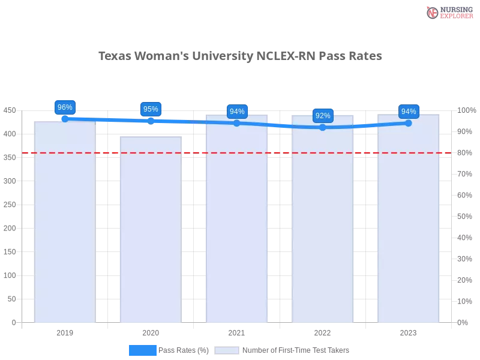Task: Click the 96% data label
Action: [64, 107]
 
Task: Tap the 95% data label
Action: [151, 109]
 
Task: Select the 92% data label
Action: [323, 116]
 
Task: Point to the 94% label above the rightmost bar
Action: [409, 111]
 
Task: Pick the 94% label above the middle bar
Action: [237, 112]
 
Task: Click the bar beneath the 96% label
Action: [65, 222]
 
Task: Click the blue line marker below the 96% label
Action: [65, 119]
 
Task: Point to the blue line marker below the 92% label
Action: [323, 127]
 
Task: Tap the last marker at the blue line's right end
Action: [409, 123]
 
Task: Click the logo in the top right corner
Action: [448, 12]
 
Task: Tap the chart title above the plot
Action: [239, 56]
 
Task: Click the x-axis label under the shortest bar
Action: [151, 331]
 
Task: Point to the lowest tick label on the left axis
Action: [14, 322]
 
